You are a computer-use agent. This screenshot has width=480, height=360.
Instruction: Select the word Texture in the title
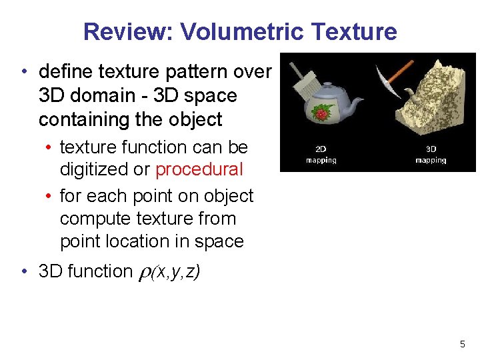357,31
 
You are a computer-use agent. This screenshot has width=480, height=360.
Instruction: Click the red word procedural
199,169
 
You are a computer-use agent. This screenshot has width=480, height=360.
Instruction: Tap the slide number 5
462,344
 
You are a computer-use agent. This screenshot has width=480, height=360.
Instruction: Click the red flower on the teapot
322,114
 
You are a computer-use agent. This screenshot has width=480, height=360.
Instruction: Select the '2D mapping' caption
321,155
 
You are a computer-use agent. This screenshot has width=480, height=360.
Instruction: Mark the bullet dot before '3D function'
23,272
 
